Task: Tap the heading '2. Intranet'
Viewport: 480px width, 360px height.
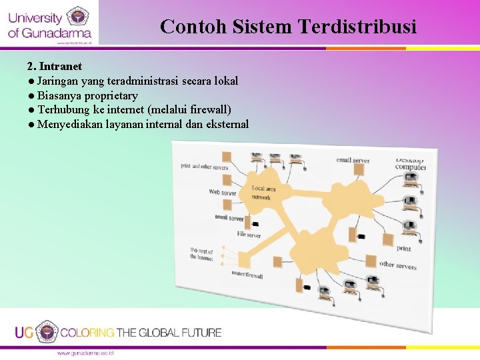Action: tap(55, 66)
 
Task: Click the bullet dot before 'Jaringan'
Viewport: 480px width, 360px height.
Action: tap(31, 81)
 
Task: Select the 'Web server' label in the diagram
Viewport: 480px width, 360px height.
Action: tap(223, 193)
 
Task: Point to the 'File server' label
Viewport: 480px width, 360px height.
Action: tap(249, 235)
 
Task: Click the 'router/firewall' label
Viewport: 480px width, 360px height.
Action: tap(247, 275)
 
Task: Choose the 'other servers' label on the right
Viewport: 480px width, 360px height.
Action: tap(397, 265)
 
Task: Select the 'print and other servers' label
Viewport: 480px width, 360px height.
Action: tap(205, 167)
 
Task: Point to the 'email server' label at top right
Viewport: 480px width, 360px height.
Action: tap(353, 160)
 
